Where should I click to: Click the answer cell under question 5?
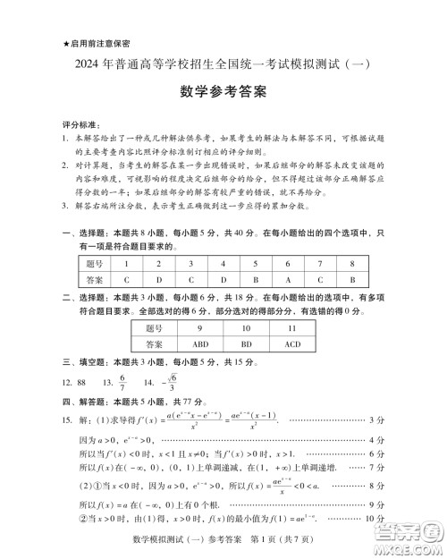[x=255, y=280]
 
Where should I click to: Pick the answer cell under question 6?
[x=288, y=280]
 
